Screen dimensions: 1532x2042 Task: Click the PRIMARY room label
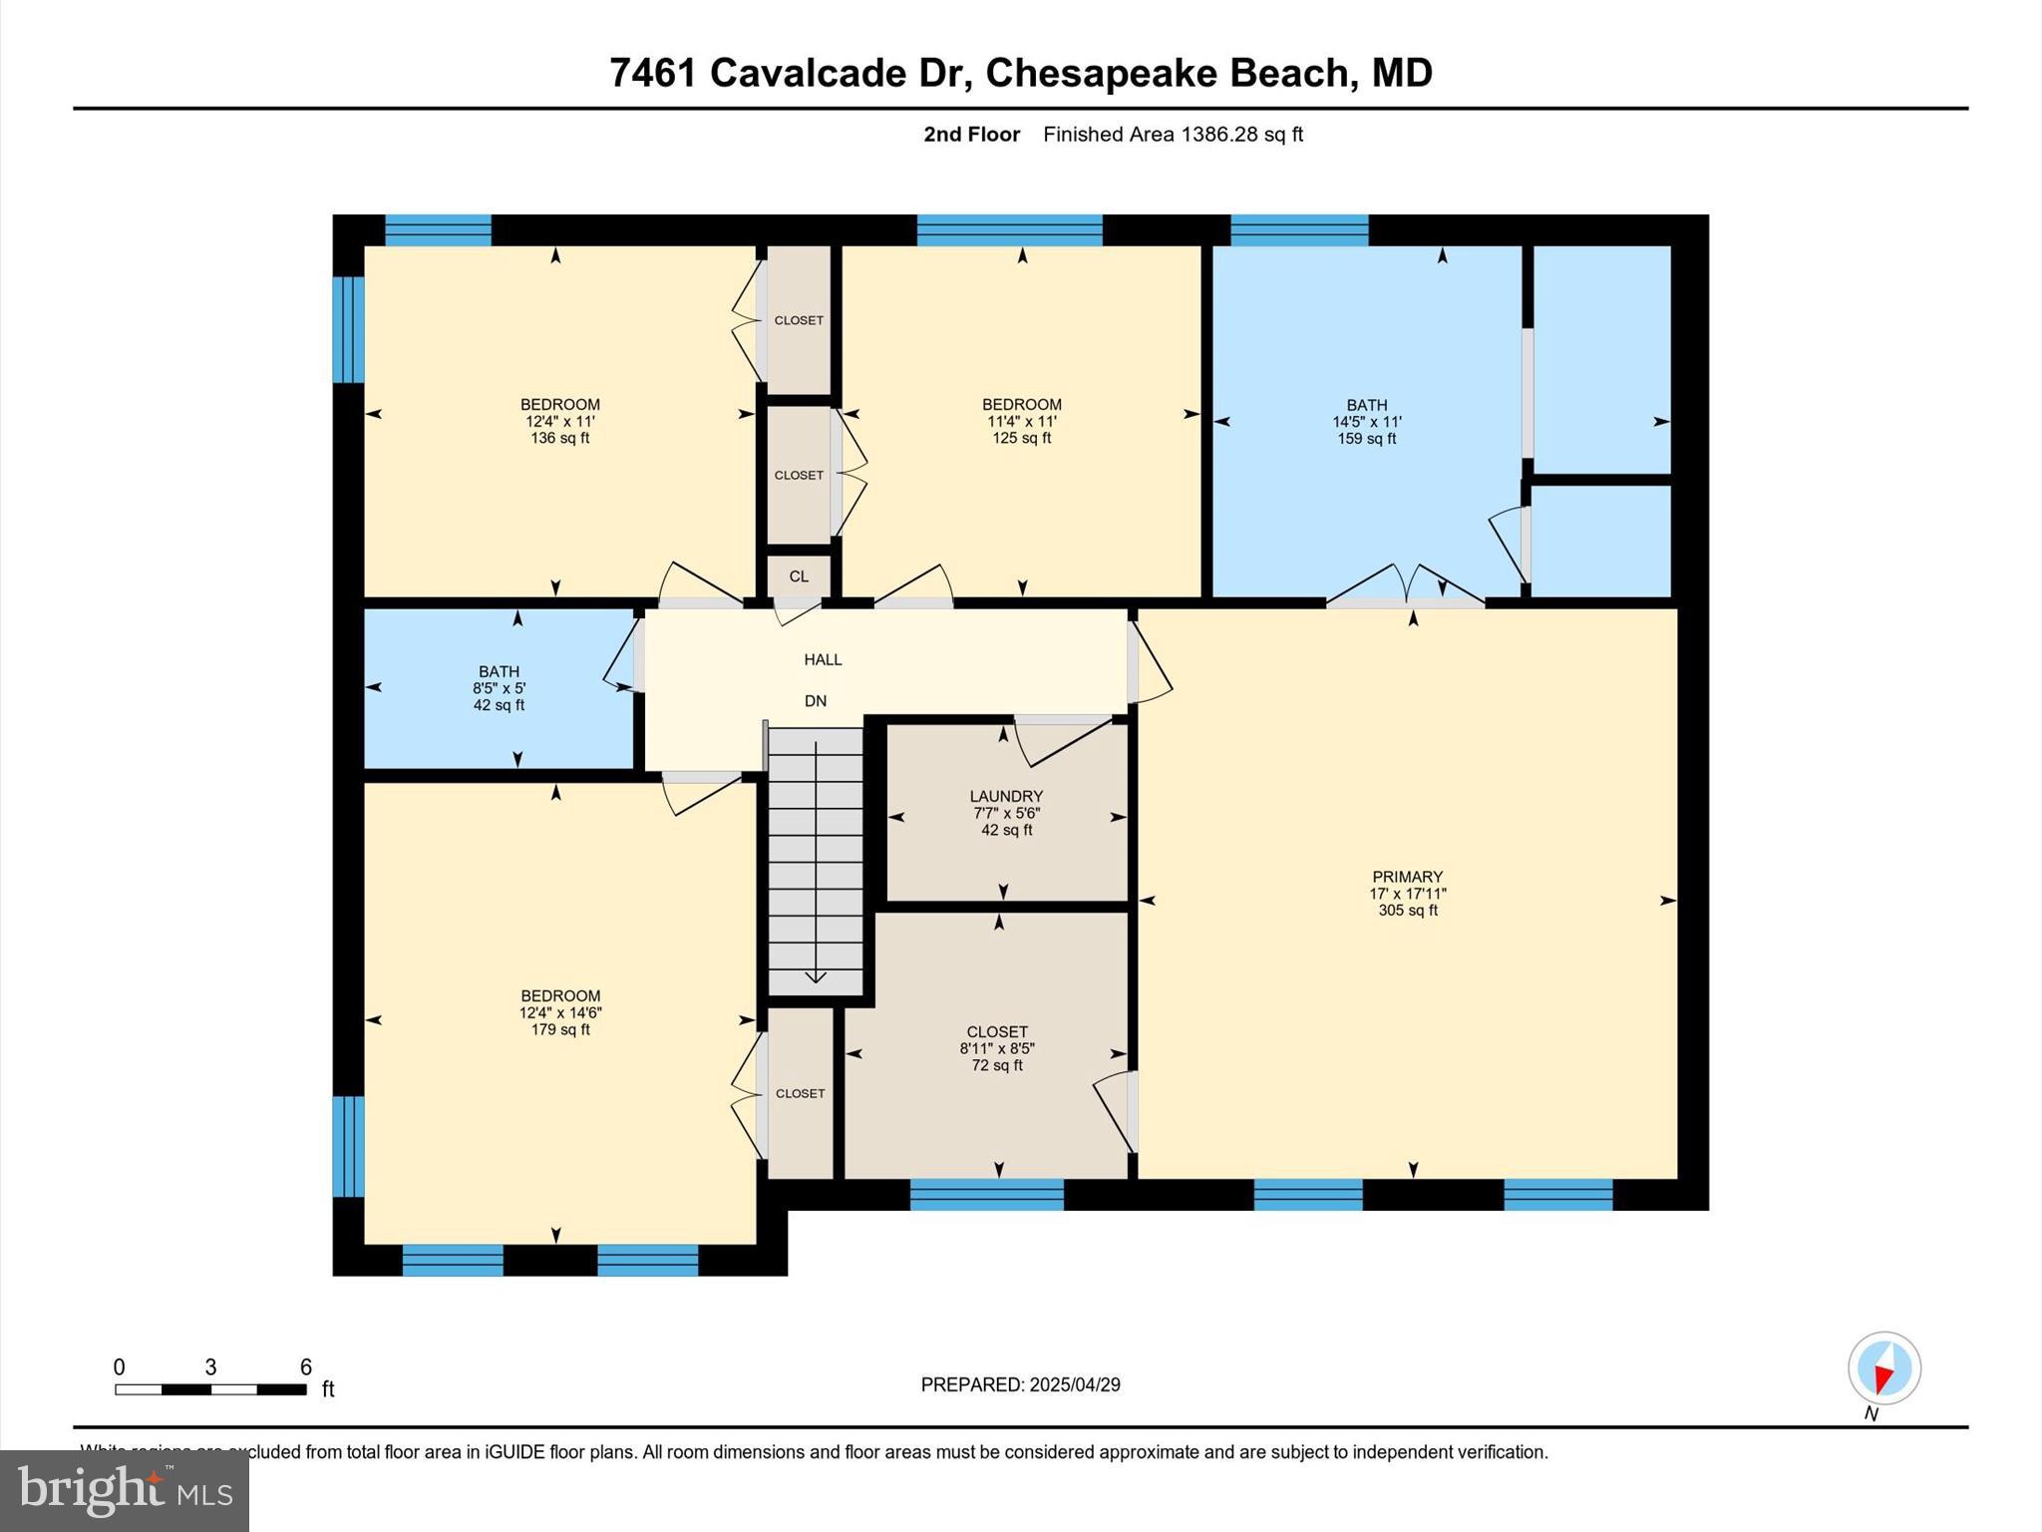click(x=1407, y=877)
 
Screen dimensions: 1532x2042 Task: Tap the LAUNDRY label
click(x=1006, y=796)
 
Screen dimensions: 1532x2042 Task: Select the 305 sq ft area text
click(x=1407, y=911)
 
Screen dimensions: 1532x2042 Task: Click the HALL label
click(x=823, y=659)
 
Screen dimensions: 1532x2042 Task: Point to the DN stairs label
click(x=816, y=701)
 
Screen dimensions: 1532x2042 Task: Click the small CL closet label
click(x=799, y=576)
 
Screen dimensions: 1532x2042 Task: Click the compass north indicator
click(x=1883, y=1369)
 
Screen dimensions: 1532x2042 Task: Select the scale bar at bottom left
click(x=210, y=1388)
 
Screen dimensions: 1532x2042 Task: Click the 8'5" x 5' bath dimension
click(x=499, y=688)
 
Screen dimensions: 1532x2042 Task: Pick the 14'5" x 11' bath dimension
click(x=1367, y=422)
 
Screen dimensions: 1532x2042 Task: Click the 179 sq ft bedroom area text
click(x=560, y=1029)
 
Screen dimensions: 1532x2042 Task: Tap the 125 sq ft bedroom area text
click(x=1021, y=438)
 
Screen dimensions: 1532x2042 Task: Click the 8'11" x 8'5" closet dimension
click(x=997, y=1048)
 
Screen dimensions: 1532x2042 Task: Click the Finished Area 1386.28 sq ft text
click(x=1173, y=135)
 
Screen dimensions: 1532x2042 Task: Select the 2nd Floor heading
click(x=971, y=135)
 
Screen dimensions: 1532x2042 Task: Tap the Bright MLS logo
click(x=125, y=1490)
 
